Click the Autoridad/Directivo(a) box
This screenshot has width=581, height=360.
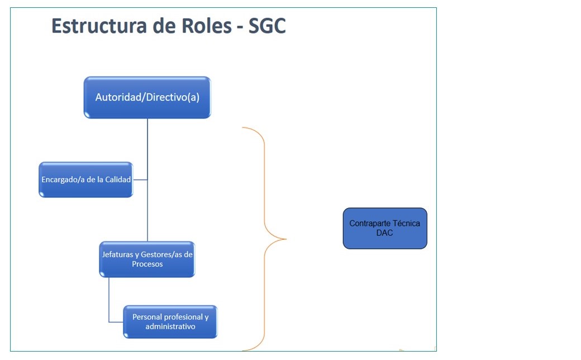(x=147, y=97)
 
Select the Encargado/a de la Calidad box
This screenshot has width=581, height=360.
(x=85, y=179)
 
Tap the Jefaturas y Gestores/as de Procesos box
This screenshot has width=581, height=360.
(x=147, y=259)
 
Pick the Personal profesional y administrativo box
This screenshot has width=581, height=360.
(x=170, y=321)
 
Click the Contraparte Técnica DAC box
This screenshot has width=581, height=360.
(x=385, y=228)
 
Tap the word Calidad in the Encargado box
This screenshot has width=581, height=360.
(x=117, y=179)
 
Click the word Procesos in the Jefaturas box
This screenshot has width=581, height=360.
(x=147, y=264)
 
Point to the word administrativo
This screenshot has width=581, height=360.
(x=170, y=326)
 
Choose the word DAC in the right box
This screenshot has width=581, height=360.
(x=385, y=233)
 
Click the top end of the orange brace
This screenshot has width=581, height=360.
(x=244, y=128)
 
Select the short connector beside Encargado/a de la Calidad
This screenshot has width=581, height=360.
(x=140, y=179)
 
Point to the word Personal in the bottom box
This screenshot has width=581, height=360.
(x=147, y=317)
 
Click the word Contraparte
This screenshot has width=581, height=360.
(x=369, y=223)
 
